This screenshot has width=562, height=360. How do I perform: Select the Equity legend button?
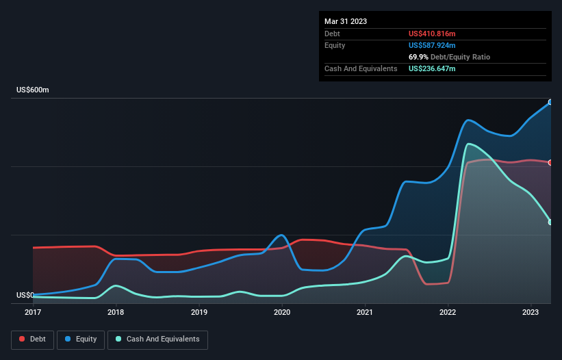point(81,339)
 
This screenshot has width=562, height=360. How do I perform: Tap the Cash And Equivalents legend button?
point(157,339)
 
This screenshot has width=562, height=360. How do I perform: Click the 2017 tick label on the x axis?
point(33,313)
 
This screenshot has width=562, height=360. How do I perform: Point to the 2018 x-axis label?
point(116,313)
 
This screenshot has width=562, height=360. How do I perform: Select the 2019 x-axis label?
point(199,313)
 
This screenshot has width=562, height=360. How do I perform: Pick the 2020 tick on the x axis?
point(282,313)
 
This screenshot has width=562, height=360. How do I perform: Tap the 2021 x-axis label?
point(366,313)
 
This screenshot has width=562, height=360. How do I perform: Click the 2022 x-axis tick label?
point(448,313)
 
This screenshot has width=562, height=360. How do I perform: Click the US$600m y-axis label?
point(33,90)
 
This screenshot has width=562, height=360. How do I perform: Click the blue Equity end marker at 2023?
point(550,102)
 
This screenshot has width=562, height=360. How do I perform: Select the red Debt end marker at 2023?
point(550,162)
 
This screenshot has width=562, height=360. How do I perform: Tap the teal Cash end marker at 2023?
point(550,222)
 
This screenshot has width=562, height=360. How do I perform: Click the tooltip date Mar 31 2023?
point(346,21)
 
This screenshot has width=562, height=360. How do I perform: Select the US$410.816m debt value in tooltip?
point(432,34)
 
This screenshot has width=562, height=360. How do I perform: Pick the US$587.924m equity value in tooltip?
point(432,45)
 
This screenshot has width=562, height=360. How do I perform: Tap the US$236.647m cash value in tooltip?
point(432,68)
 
